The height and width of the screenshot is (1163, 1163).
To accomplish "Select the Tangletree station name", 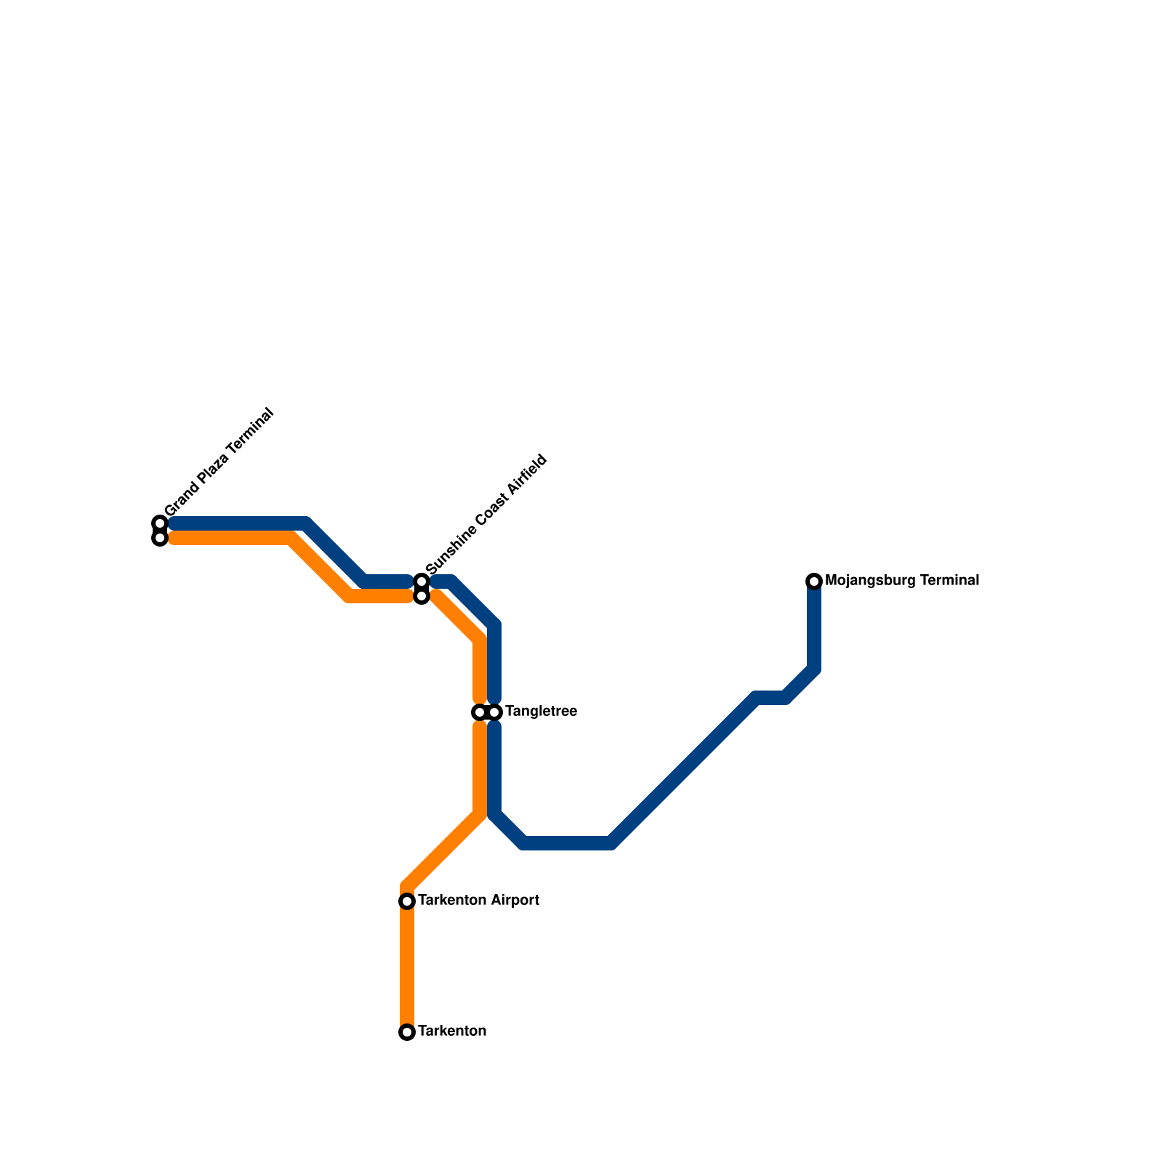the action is click(541, 712).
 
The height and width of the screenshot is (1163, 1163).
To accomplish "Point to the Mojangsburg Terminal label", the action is click(902, 581).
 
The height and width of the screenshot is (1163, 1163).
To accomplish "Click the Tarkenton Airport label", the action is click(478, 901).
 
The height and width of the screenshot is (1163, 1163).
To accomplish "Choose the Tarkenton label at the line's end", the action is click(452, 1031).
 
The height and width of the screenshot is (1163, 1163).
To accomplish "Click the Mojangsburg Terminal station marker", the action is click(814, 581).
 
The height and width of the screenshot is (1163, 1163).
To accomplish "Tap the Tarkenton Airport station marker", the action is click(407, 901).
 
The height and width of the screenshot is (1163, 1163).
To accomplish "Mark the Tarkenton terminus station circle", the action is click(407, 1032).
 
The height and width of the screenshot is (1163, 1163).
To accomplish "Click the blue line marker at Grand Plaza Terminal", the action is click(160, 523).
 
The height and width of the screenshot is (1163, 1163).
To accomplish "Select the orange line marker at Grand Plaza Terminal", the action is click(160, 539).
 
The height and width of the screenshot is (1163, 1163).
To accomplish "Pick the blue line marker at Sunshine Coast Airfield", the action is click(422, 581).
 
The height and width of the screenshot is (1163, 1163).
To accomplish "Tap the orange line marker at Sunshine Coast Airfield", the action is click(422, 597).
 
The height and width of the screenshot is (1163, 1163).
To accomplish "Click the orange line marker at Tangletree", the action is click(479, 712).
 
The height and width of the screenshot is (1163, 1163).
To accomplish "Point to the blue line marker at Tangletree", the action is click(495, 712).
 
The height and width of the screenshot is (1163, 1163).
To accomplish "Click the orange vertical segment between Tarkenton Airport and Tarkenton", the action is click(407, 967).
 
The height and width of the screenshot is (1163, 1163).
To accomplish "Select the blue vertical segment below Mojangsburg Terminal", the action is click(814, 625).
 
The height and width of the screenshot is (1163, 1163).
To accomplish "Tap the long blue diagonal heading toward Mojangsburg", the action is click(683, 770).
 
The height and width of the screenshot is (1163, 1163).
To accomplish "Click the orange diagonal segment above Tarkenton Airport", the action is click(443, 850).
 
